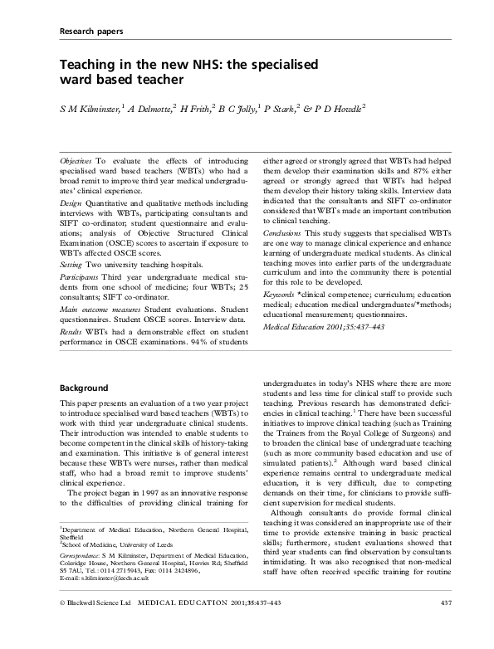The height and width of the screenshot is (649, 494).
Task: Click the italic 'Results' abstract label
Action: coord(73,305)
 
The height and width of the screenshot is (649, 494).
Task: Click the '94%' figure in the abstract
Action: coord(200,316)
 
